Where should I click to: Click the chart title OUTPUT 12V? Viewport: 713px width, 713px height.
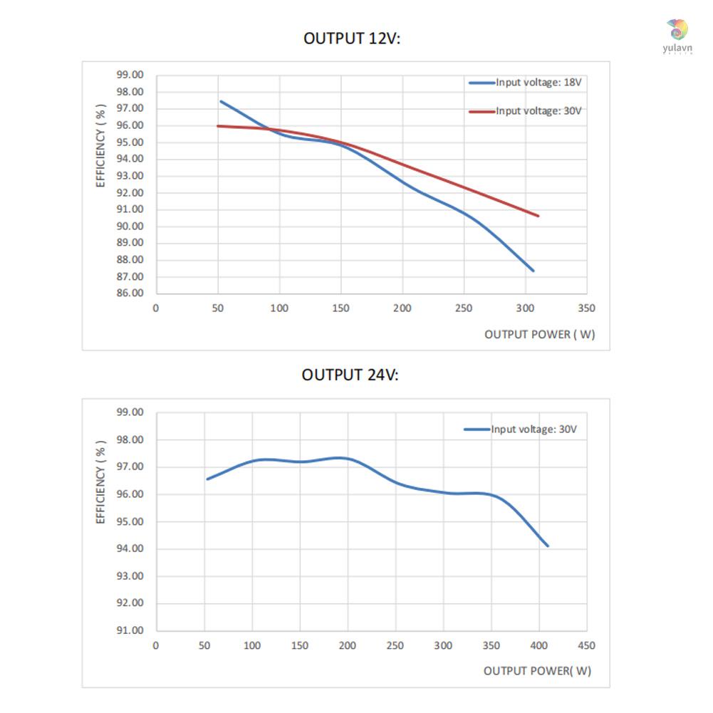(352, 38)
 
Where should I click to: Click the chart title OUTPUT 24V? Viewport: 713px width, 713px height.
(350, 375)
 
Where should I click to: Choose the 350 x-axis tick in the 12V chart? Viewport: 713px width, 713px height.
(586, 308)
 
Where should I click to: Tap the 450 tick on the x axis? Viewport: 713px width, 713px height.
(586, 645)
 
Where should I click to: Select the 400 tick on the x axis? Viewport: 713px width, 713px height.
(538, 645)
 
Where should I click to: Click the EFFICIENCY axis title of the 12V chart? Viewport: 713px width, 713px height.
(101, 145)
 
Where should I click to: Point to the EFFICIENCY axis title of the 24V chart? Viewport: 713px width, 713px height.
(101, 481)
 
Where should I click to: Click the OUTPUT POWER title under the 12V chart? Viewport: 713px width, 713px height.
(539, 334)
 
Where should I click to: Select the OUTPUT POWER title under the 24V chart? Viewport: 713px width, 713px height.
(537, 671)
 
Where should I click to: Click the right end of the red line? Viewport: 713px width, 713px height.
(538, 216)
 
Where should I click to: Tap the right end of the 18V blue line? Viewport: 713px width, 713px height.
(534, 271)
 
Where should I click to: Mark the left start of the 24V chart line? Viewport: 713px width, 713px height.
(207, 479)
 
